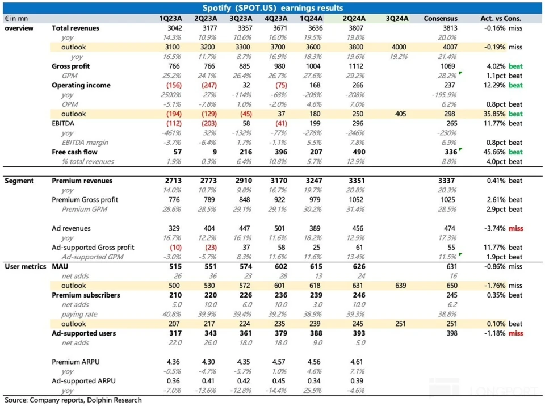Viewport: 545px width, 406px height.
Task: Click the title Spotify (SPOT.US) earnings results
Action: coord(272,8)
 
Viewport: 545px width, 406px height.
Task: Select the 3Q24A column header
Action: coord(397,18)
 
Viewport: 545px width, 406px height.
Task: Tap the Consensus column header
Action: coord(441,18)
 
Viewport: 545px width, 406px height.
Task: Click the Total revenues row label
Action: coord(76,28)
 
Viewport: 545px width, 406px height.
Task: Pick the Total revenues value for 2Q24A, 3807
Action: coord(353,28)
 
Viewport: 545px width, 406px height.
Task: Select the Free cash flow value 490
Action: coord(353,152)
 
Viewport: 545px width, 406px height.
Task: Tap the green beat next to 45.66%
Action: coord(515,152)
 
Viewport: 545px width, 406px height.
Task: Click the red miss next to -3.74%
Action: coord(515,228)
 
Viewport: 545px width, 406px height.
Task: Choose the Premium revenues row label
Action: coord(82,181)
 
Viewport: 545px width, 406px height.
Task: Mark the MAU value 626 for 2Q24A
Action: coord(353,266)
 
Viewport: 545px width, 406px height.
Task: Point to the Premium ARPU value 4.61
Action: coord(353,362)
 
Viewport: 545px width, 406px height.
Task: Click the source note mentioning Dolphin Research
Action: coord(73,400)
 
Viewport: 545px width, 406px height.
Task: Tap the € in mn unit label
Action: coord(17,18)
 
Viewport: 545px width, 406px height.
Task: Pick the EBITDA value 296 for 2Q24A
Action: coord(353,123)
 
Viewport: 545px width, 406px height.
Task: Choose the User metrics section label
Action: coord(25,266)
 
